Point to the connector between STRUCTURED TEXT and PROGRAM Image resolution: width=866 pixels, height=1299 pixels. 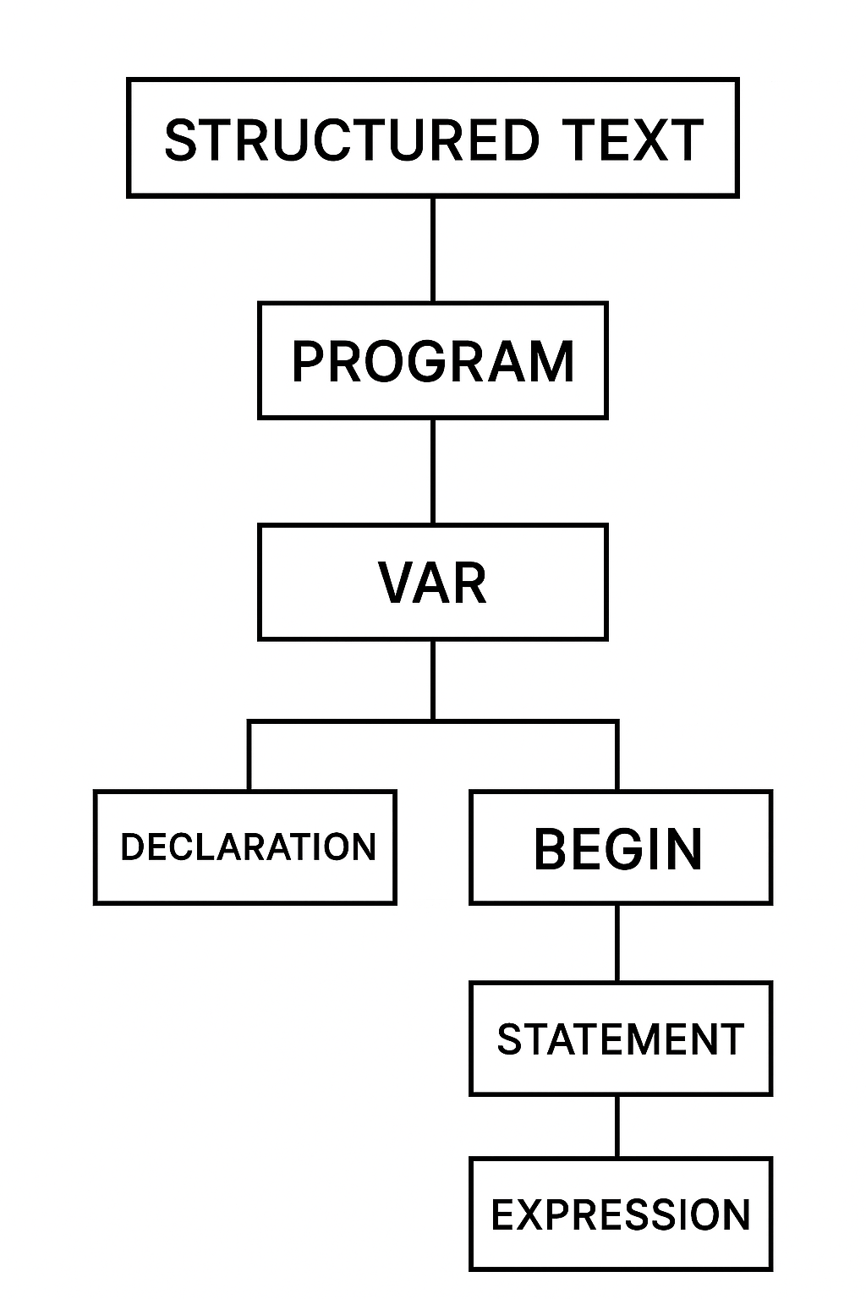432,249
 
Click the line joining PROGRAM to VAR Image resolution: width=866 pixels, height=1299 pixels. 432,471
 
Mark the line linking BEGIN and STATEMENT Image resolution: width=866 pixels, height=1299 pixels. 617,943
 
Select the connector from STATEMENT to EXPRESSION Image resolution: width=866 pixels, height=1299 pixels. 617,1126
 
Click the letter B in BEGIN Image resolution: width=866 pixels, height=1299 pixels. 551,849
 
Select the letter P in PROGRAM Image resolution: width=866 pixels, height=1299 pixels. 309,362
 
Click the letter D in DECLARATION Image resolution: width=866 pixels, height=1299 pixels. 132,847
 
